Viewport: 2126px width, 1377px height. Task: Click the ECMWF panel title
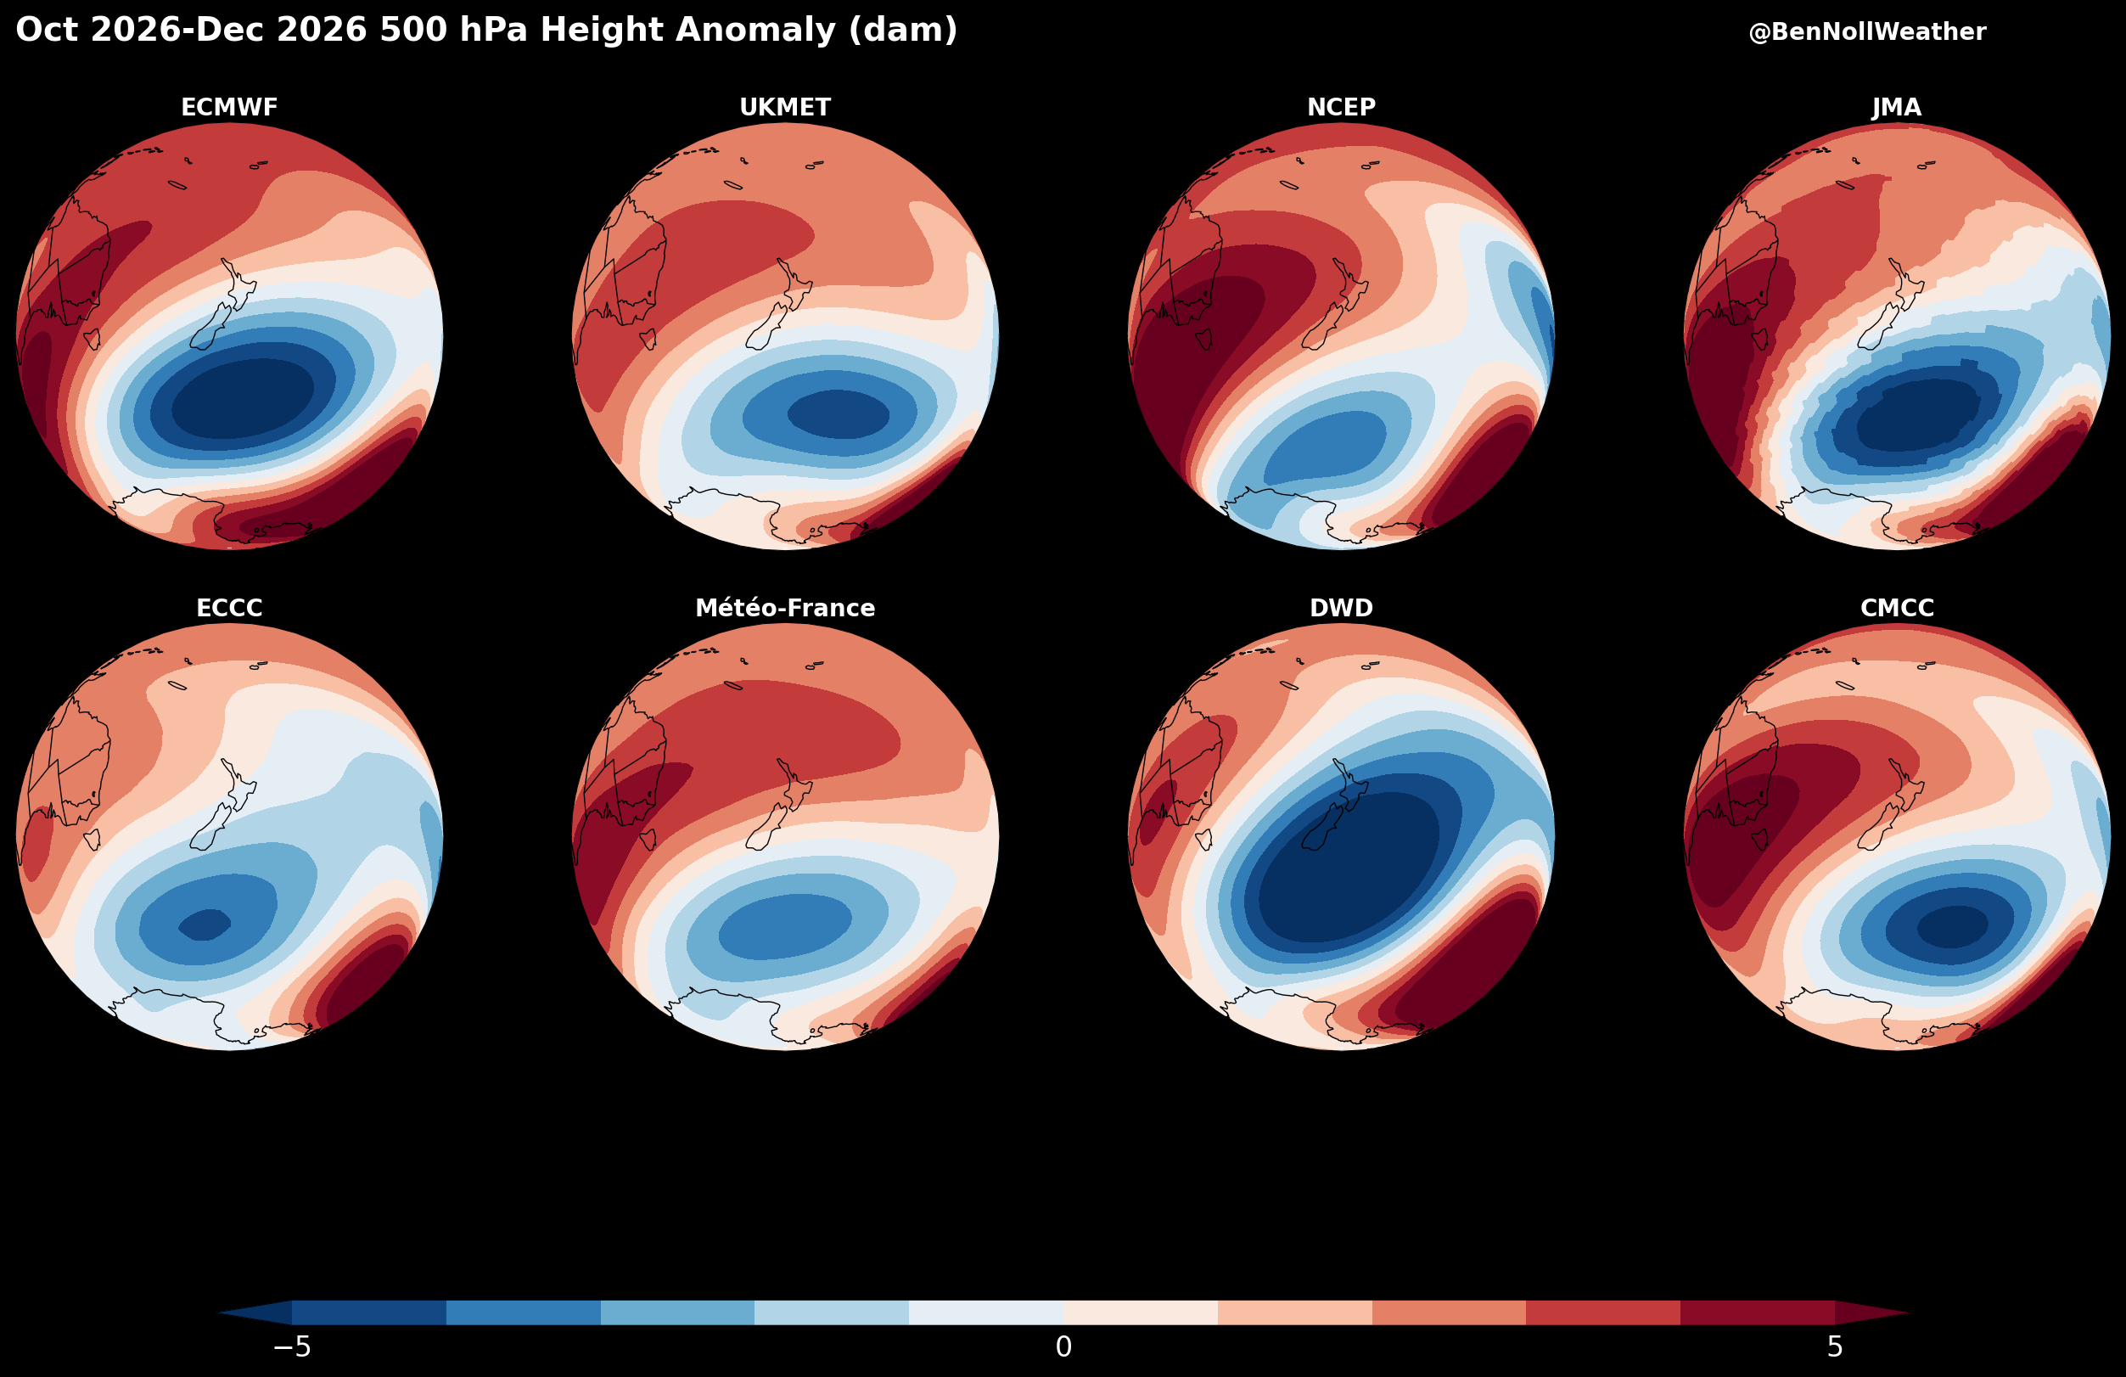click(x=229, y=107)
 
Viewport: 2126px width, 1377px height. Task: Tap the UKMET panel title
click(x=785, y=107)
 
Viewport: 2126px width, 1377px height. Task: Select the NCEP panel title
click(x=1341, y=107)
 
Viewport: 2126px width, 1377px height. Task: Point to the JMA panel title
click(x=1897, y=107)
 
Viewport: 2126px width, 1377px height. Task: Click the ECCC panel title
click(x=229, y=608)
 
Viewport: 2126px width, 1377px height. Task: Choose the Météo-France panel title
click(x=785, y=608)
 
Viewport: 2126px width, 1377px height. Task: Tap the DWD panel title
click(x=1341, y=608)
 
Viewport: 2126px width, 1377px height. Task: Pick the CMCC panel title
click(x=1897, y=608)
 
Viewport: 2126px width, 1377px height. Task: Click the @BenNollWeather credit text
click(x=1867, y=32)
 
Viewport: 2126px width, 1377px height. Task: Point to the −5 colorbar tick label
click(x=292, y=1346)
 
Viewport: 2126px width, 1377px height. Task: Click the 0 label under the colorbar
click(x=1063, y=1346)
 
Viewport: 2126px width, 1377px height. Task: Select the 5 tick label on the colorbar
click(x=1835, y=1346)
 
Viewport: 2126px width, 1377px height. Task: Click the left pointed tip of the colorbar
click(x=217, y=1312)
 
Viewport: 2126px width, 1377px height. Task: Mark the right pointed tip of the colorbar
click(x=1910, y=1312)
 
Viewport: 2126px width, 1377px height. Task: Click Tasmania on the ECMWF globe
click(x=92, y=339)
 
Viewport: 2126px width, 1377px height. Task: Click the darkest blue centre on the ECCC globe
click(x=205, y=924)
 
